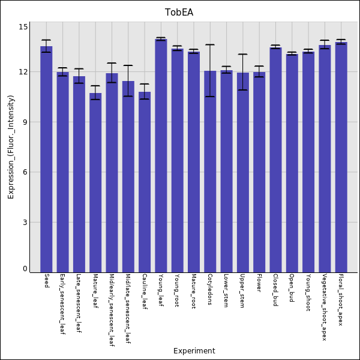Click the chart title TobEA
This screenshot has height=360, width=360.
click(179, 13)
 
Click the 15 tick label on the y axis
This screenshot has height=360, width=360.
click(23, 27)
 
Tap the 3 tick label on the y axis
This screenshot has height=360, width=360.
click(25, 223)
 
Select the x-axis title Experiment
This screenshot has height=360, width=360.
click(194, 351)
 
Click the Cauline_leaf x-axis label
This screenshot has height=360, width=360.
click(145, 292)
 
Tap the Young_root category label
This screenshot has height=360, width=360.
click(177, 290)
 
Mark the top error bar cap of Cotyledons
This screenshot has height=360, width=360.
click(210, 44)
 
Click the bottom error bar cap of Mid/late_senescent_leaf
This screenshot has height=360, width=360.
click(128, 96)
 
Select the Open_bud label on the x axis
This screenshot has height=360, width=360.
click(292, 288)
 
